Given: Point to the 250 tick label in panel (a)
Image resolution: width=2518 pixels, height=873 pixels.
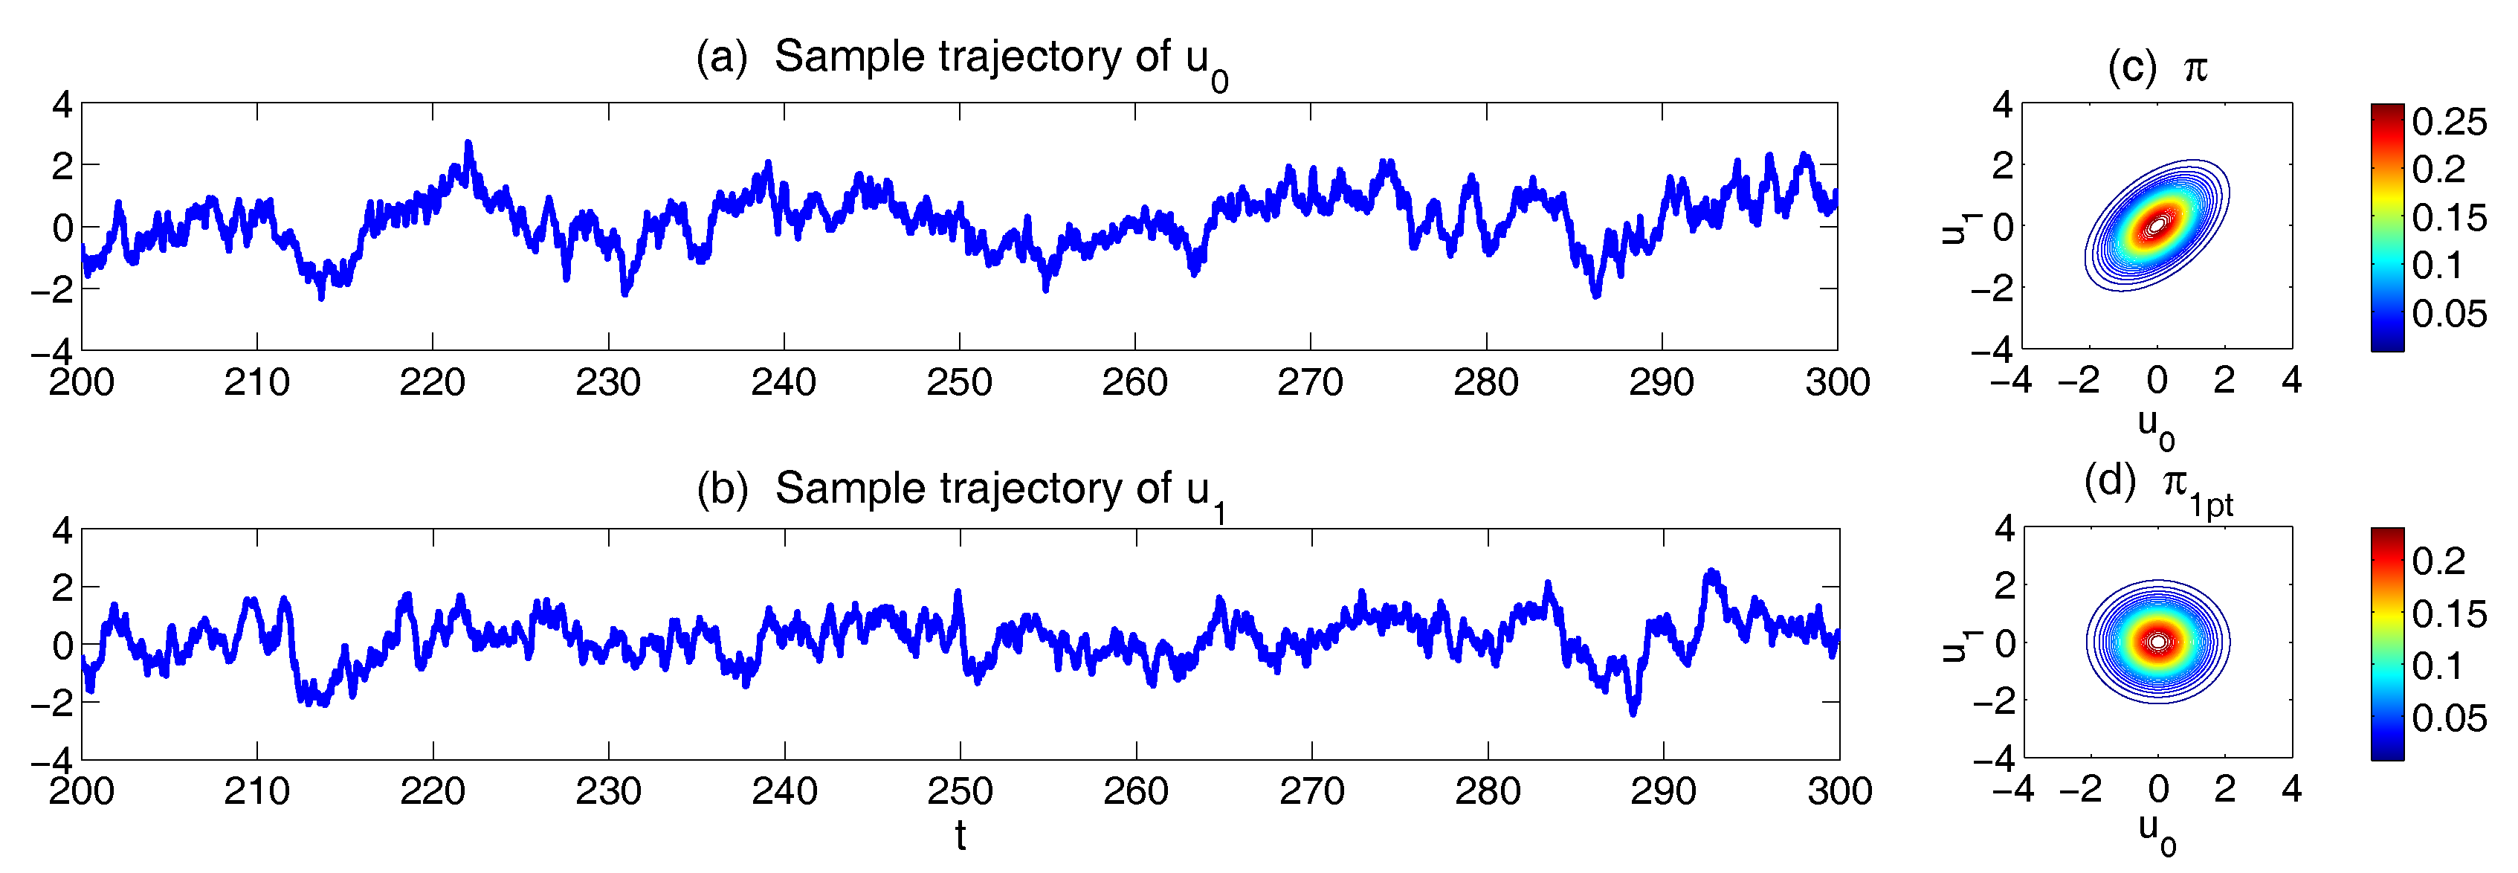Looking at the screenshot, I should click(x=959, y=382).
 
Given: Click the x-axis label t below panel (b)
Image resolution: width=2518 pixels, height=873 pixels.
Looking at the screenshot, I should click(x=960, y=837).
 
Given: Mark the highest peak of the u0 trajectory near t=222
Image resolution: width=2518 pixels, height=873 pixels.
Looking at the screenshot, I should click(x=468, y=145).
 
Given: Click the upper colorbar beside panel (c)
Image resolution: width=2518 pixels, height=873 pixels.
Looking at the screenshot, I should click(x=2387, y=227).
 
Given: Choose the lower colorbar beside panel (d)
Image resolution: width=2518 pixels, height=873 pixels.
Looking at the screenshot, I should click(x=2387, y=643).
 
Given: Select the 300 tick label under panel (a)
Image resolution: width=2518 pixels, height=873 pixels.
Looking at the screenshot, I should click(x=1838, y=382).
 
